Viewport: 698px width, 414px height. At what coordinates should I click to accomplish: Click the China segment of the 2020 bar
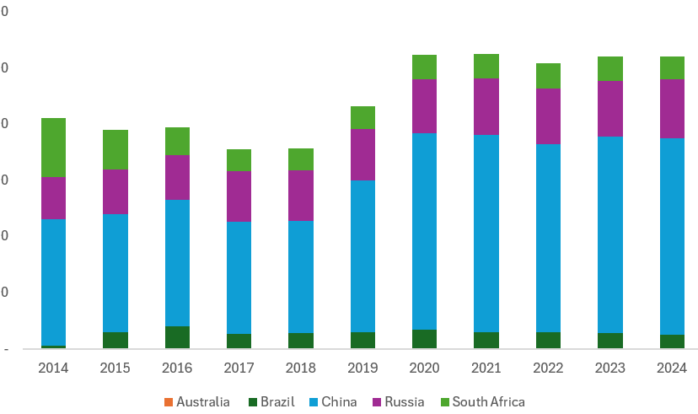(x=425, y=231)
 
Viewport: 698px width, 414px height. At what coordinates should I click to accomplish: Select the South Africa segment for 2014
(x=53, y=147)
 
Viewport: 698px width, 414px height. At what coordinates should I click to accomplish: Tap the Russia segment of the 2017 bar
(x=239, y=196)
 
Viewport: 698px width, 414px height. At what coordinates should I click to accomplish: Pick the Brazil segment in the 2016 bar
(x=177, y=337)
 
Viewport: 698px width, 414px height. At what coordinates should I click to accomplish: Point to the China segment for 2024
(x=672, y=236)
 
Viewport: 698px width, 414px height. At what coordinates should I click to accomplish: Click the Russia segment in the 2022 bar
(x=549, y=116)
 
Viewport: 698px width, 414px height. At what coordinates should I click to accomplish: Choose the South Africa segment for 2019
(x=362, y=117)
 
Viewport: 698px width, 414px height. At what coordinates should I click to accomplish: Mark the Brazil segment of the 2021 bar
(x=486, y=340)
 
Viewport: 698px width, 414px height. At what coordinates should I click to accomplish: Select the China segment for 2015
(x=115, y=273)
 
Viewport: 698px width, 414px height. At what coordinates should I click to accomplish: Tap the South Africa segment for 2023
(x=610, y=68)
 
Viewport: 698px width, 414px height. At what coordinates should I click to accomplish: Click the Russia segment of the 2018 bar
(x=301, y=196)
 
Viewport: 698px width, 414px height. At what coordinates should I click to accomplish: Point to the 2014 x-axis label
(x=53, y=368)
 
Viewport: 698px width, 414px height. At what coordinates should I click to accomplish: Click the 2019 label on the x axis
(x=362, y=368)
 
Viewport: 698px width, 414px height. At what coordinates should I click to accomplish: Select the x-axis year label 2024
(x=672, y=368)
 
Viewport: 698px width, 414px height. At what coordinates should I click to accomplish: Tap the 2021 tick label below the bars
(x=486, y=368)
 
